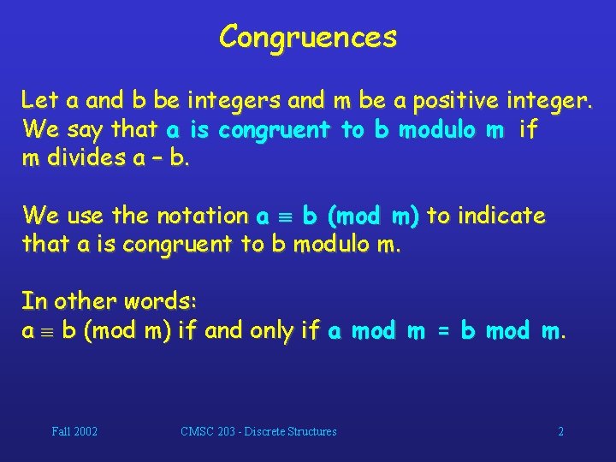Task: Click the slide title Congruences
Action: click(308, 37)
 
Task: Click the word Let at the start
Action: click(40, 101)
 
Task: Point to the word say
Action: click(88, 130)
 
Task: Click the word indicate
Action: click(501, 216)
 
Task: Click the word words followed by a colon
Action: click(163, 301)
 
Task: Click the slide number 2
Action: click(560, 432)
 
